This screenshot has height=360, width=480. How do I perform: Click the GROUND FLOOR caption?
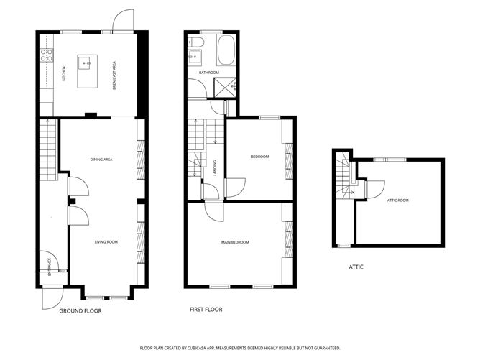[80, 311]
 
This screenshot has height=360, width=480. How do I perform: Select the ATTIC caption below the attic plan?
[356, 267]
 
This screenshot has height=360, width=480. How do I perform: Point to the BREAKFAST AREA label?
[114, 75]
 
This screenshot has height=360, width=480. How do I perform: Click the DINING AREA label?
[101, 159]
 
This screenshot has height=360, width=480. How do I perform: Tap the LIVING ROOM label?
[106, 242]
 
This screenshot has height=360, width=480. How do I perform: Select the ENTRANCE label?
[50, 266]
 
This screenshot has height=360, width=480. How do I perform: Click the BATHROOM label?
[208, 73]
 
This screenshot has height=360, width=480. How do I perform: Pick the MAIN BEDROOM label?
[235, 242]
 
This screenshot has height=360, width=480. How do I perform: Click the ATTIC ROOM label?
[397, 200]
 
